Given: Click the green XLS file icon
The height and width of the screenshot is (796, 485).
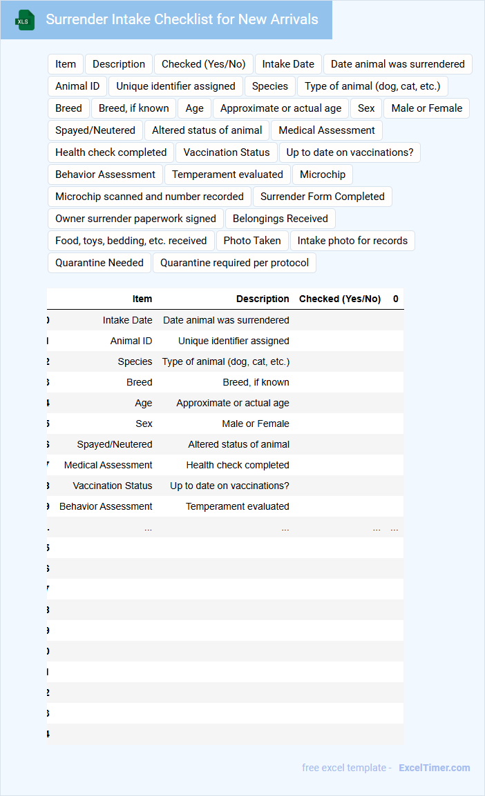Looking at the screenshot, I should point(25,20).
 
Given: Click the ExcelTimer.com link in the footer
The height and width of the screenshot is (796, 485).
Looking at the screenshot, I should point(434,768).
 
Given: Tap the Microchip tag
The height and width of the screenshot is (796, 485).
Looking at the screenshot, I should point(323,175).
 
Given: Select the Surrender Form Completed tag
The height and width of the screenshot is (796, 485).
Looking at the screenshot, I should point(322,197).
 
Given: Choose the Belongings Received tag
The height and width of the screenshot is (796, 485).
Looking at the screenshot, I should point(280,219).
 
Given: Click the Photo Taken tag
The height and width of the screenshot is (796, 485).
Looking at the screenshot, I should point(251,241).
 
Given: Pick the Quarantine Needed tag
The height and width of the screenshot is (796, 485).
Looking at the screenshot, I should point(99,263).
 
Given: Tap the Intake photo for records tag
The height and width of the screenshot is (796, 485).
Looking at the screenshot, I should point(352,241).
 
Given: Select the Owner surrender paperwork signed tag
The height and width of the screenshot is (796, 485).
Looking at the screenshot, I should point(135,219).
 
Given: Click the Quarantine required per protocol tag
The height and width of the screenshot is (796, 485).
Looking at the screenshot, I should point(235,263).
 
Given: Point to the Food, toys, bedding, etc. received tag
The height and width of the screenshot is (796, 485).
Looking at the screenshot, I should point(131,241).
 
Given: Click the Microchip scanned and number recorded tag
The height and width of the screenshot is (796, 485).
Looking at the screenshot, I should point(149,197).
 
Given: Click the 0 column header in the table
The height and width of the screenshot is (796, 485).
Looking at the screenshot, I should point(396,299).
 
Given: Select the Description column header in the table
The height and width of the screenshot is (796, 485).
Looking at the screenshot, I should point(263,299).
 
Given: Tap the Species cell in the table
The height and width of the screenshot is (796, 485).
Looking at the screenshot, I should point(135,361).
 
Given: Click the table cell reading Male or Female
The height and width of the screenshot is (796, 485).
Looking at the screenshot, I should point(256,424).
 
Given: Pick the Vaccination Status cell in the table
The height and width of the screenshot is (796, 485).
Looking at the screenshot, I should point(113,486).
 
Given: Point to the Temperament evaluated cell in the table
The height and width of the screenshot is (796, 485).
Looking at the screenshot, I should point(238,506).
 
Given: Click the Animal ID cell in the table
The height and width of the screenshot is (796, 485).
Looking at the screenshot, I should point(131,341).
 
